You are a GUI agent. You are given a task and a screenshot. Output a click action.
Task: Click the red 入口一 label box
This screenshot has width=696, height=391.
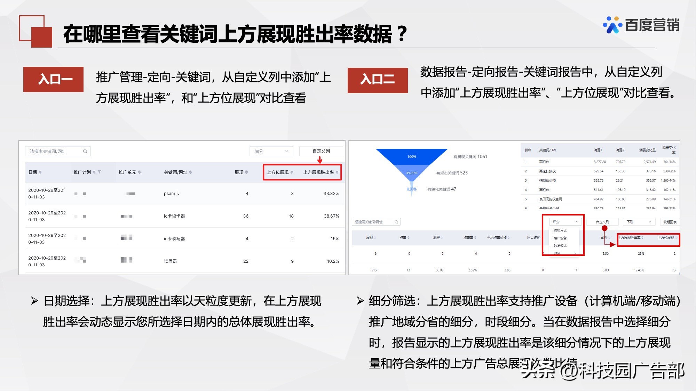tap(53, 79)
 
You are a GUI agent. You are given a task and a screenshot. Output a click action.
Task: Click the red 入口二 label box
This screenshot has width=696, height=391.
tap(378, 80)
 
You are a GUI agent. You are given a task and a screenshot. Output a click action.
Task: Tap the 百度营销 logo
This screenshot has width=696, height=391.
tap(641, 25)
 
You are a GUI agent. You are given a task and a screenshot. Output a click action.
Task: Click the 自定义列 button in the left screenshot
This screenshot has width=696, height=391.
tap(321, 151)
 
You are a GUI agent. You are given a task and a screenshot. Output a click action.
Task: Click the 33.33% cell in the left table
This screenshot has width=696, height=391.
tap(331, 194)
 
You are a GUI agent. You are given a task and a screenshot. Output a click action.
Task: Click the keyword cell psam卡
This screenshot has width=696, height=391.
tap(172, 194)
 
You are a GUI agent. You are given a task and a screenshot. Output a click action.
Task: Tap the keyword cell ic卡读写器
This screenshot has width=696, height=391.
tap(174, 239)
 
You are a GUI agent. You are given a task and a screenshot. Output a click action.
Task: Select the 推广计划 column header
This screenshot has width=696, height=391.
tap(82, 172)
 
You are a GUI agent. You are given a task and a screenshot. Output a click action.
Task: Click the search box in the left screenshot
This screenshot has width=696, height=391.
tap(58, 151)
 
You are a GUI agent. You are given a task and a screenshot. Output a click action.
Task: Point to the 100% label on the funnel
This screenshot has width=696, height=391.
tap(412, 157)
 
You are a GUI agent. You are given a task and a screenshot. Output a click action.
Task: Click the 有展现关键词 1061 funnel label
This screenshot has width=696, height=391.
tap(470, 157)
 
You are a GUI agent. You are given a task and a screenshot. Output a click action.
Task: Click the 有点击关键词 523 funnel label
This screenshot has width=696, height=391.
tap(452, 173)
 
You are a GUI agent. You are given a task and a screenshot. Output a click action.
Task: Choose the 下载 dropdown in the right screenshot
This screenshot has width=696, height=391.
tap(639, 222)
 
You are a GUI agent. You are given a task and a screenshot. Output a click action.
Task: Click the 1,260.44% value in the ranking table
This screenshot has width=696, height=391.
tap(668, 181)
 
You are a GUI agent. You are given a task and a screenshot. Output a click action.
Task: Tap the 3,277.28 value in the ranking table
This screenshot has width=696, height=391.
tap(600, 162)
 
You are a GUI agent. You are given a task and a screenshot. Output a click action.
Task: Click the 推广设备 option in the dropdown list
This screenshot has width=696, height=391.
tap(560, 238)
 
